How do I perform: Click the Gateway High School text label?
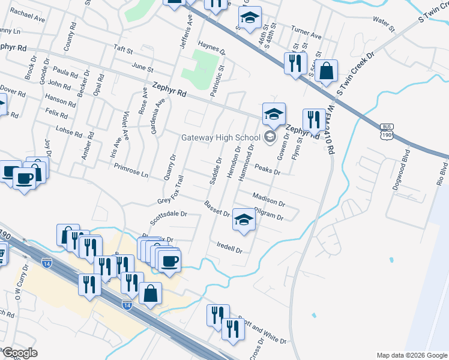click(221, 137)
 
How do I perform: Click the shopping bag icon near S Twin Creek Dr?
click(326, 71)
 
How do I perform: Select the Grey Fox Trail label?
click(170, 190)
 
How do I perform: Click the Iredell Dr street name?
click(230, 247)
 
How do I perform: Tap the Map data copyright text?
click(411, 355)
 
